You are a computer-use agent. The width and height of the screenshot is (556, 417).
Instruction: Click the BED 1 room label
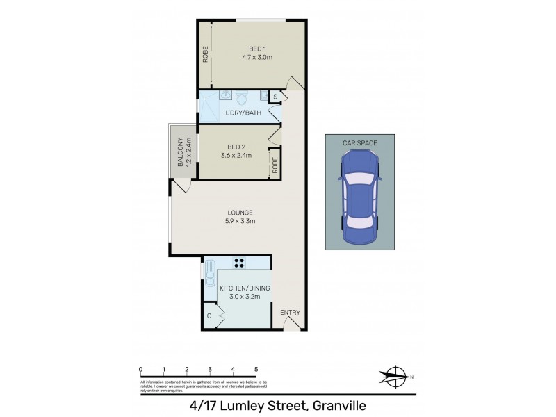click(256, 48)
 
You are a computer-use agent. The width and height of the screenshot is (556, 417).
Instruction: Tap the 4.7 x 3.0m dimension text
click(256, 57)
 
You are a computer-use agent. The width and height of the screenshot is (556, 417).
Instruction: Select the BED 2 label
click(236, 147)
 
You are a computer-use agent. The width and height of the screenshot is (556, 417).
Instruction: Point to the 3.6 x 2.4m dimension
click(236, 156)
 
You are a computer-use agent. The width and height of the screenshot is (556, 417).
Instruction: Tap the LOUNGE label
click(238, 213)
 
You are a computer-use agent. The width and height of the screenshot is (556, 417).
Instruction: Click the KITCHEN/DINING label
click(244, 288)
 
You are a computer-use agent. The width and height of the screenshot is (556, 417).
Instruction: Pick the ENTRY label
click(291, 313)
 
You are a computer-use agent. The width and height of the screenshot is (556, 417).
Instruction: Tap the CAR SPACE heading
click(359, 143)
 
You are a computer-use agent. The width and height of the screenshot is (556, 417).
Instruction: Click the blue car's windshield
click(359, 179)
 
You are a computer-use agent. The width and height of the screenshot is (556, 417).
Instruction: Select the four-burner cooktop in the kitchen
click(239, 263)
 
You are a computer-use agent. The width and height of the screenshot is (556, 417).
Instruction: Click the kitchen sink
click(208, 268)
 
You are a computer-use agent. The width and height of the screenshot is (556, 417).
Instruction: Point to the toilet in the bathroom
click(241, 97)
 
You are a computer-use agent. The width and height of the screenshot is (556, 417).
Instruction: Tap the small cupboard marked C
click(209, 316)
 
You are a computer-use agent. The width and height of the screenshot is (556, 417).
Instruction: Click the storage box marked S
click(275, 96)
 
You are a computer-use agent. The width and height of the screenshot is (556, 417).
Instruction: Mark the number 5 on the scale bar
click(256, 370)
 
